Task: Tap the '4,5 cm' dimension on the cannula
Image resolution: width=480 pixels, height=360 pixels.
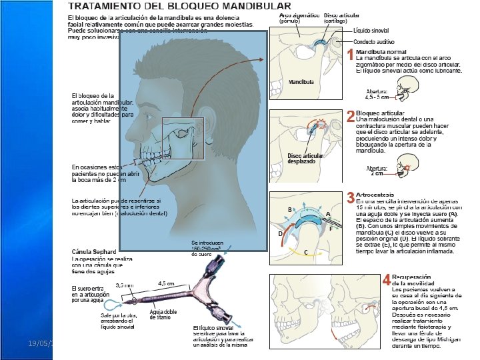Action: click(166, 283)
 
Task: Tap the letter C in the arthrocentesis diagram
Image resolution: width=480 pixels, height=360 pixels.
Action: click(305, 252)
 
